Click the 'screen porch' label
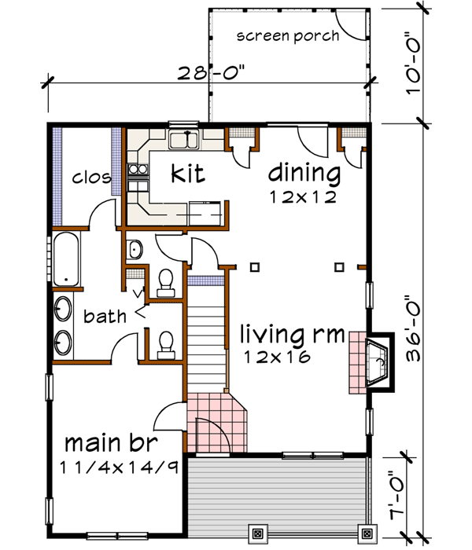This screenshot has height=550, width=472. pyautogui.click(x=288, y=35)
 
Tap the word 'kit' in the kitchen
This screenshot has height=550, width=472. pyautogui.click(x=188, y=172)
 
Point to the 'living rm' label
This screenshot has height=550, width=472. pyautogui.click(x=292, y=336)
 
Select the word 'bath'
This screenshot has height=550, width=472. pyautogui.click(x=105, y=317)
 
